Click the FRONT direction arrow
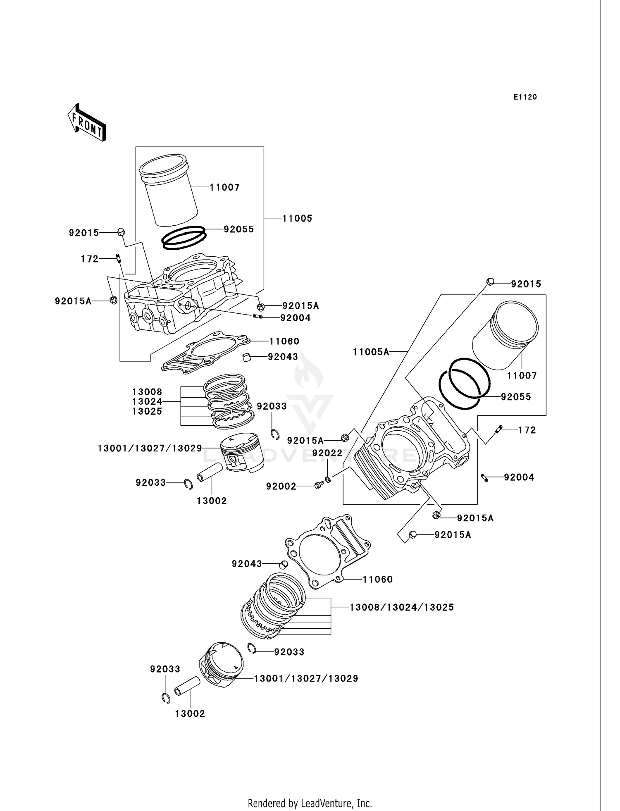[x=87, y=122]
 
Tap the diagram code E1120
[x=525, y=97]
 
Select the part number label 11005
[x=297, y=218]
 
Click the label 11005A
[x=371, y=352]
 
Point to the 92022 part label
[x=327, y=453]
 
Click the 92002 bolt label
[x=281, y=487]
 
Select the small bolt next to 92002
[x=318, y=486]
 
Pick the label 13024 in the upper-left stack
[x=147, y=401]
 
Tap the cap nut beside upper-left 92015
[x=121, y=232]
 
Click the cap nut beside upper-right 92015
[x=489, y=281]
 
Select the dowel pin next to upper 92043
[x=247, y=357]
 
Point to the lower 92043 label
[x=247, y=564]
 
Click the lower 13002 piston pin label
[x=190, y=714]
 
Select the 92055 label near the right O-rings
[x=516, y=397]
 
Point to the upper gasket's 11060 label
[x=284, y=341]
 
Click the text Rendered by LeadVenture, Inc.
[x=310, y=803]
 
